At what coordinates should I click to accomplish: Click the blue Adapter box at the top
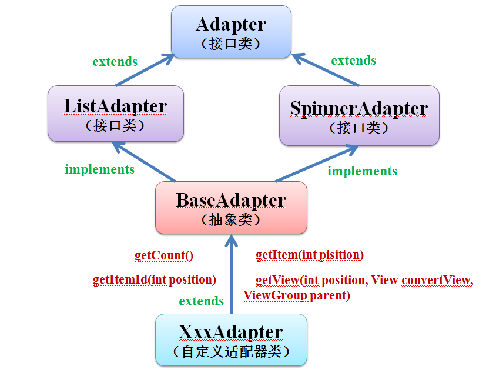[231, 32]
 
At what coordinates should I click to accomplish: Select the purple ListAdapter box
[116, 114]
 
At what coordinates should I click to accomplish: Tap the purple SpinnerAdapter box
[359, 115]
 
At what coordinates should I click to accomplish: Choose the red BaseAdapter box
[231, 208]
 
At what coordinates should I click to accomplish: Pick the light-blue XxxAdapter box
[231, 340]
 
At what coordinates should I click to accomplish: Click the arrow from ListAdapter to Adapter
[145, 70]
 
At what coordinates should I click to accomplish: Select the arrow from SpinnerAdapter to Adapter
[326, 69]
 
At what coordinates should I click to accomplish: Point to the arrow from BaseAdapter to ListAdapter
[144, 162]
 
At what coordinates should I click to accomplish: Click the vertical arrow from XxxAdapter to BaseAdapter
[231, 274]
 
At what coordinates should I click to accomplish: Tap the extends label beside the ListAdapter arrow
[115, 61]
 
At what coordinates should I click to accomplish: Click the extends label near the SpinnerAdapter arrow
[354, 60]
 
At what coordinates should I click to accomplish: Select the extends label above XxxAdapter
[202, 301]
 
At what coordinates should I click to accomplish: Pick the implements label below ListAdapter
[99, 169]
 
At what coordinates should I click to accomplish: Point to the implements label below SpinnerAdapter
[363, 171]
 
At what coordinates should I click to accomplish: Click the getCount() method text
[164, 256]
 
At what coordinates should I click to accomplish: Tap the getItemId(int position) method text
[155, 280]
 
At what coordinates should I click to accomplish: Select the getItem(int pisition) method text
[310, 255]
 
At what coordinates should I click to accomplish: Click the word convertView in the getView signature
[437, 280]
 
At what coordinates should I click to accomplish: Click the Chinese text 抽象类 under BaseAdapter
[230, 220]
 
